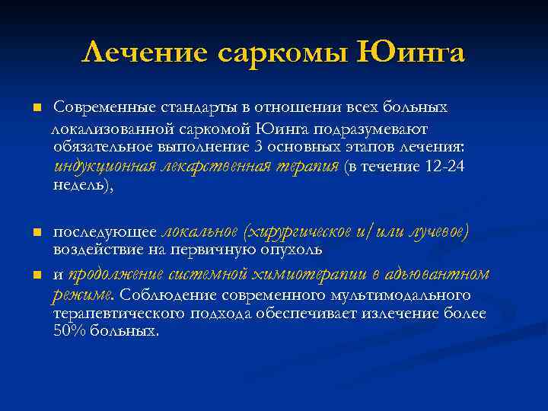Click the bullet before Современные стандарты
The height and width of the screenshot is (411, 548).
tap(36, 107)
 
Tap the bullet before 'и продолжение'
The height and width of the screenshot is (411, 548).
tap(36, 274)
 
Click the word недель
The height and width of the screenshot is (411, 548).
tap(82, 186)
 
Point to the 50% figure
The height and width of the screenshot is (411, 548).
tap(68, 332)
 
